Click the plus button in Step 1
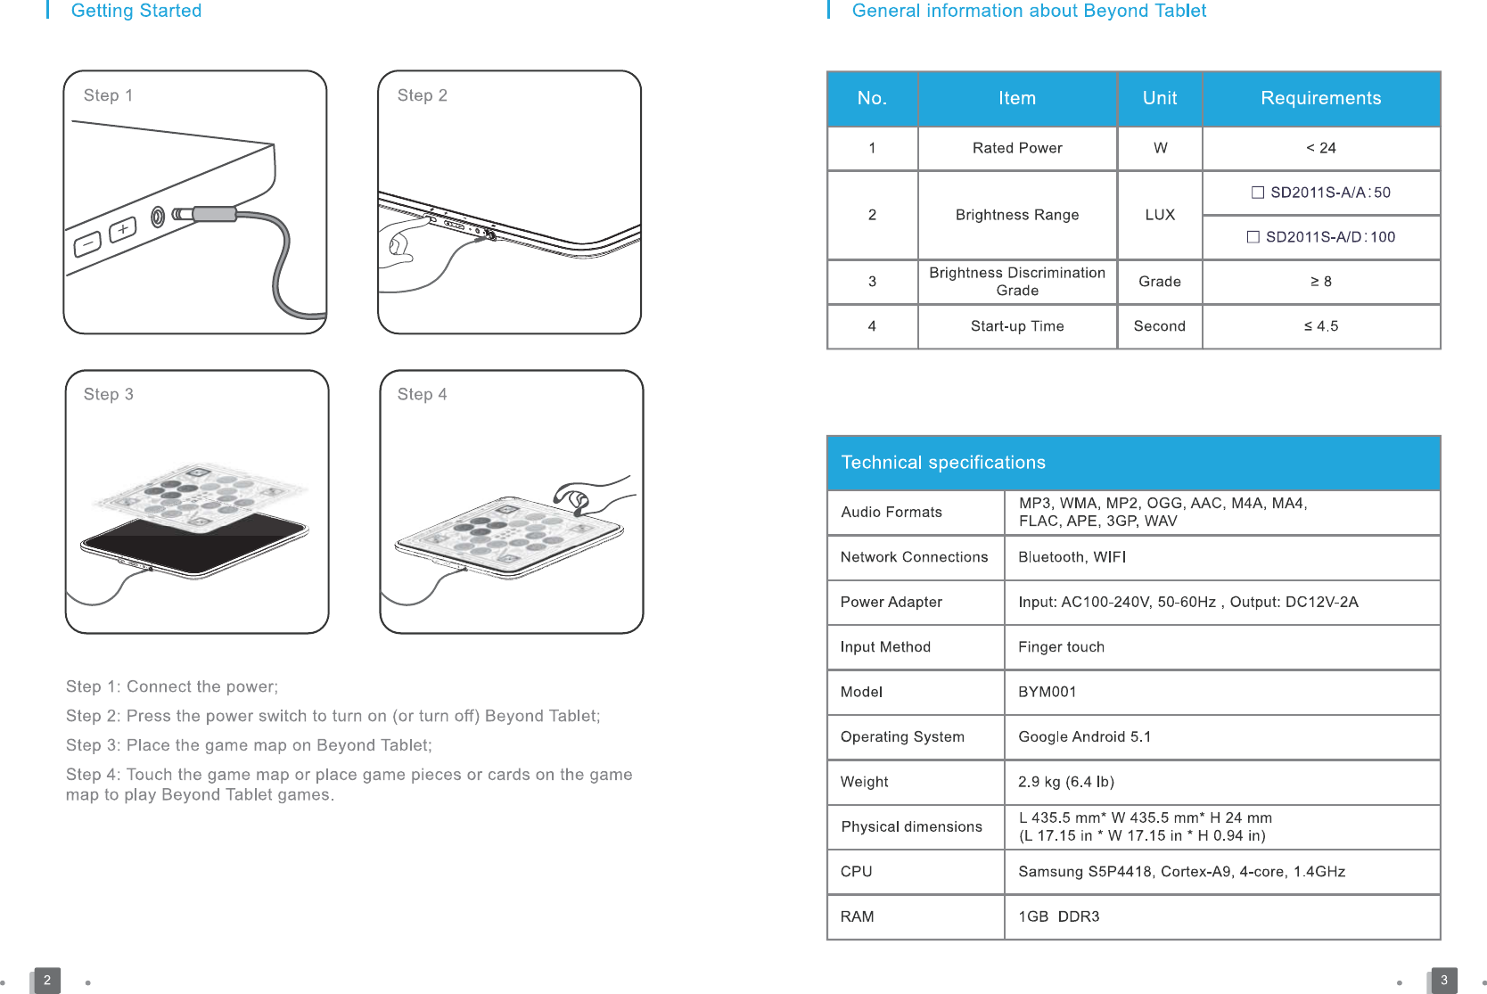point(123,230)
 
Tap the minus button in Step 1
point(87,243)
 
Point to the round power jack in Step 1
point(158,217)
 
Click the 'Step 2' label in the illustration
point(422,95)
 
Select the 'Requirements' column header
point(1320,98)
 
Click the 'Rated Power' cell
point(1017,148)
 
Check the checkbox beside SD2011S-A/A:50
point(1258,193)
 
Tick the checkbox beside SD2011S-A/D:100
point(1253,237)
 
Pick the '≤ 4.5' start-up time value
point(1320,326)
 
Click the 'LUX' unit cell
point(1160,215)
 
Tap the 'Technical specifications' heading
point(943,463)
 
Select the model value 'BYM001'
point(1047,692)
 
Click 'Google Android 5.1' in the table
point(1085,737)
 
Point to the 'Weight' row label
point(864,782)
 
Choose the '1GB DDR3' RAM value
point(1059,916)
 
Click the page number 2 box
point(47,980)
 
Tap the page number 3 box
point(1444,980)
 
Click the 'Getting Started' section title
point(136,11)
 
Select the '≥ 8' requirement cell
point(1320,282)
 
